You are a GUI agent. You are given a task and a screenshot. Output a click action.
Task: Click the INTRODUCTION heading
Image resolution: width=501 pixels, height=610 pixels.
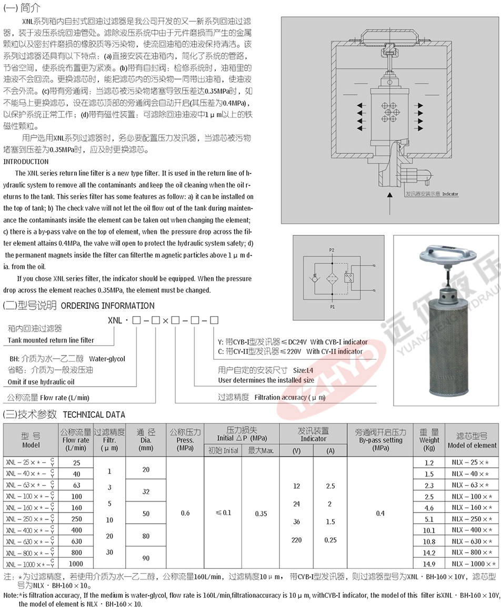(x=26, y=162)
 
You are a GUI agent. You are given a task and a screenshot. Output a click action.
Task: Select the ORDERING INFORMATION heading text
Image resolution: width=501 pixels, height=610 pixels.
(x=108, y=306)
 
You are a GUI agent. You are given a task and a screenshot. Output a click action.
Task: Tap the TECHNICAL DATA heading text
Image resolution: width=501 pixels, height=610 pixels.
(x=94, y=415)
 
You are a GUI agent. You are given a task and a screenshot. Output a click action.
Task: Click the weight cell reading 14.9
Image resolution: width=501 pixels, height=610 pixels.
(x=429, y=564)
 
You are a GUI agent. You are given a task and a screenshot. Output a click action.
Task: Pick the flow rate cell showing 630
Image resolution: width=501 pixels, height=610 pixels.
(x=77, y=542)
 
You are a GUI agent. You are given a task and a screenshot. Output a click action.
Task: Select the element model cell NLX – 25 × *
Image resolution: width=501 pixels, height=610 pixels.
(x=470, y=463)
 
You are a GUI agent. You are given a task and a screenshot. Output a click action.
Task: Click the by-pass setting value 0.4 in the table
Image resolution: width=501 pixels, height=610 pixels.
(x=380, y=514)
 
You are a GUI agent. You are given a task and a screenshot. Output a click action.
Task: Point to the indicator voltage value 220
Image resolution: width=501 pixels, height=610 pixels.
(x=296, y=540)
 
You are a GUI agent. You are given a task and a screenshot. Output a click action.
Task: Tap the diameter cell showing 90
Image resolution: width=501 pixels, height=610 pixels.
(x=146, y=558)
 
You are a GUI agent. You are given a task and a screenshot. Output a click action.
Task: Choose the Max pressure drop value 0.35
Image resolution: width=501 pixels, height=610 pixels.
(x=261, y=514)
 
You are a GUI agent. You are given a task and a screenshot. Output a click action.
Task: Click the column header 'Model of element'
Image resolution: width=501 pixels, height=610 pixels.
(x=472, y=445)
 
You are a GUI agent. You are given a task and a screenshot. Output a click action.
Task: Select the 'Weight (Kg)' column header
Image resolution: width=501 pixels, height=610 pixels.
(x=429, y=440)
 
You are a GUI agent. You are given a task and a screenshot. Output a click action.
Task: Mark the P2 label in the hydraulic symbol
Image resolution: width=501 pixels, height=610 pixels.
(x=332, y=248)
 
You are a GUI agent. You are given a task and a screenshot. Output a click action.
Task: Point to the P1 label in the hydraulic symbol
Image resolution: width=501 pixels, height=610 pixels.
(x=332, y=306)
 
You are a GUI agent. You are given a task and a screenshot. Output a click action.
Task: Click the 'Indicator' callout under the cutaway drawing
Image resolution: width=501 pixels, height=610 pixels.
(x=450, y=194)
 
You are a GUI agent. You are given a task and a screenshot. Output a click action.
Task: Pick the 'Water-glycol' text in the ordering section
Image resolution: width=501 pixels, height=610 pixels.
(x=107, y=359)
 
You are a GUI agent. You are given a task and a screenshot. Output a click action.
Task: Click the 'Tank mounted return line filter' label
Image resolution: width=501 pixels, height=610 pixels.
(x=51, y=340)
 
